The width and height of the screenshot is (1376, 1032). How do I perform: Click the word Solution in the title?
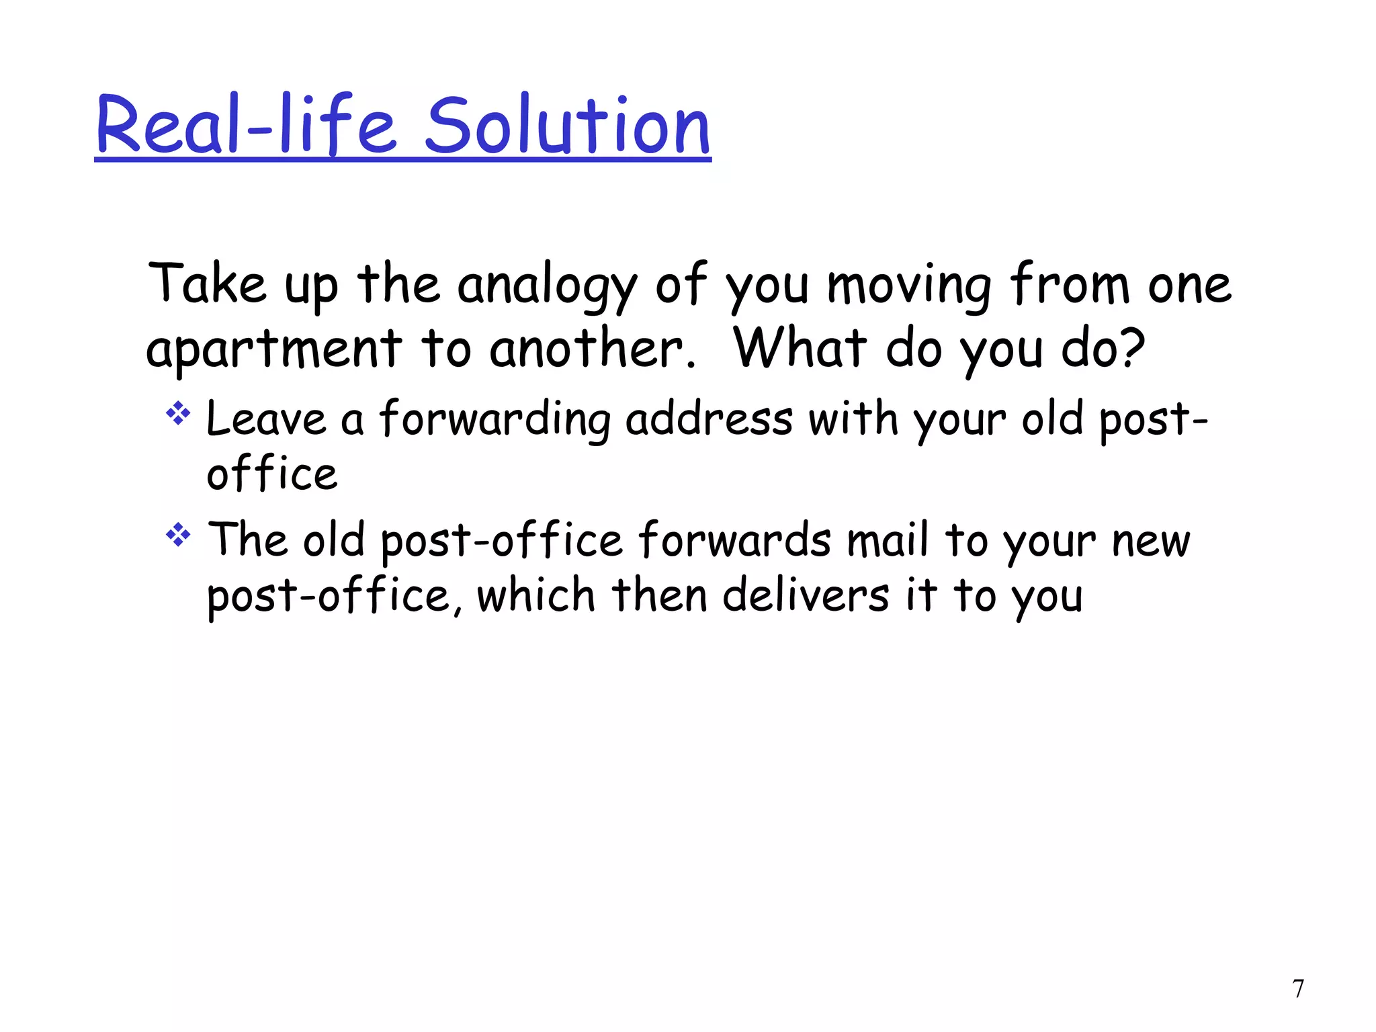pyautogui.click(x=568, y=126)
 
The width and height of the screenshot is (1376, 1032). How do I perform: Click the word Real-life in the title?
pyautogui.click(x=245, y=126)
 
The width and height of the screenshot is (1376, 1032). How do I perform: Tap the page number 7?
pyautogui.click(x=1298, y=989)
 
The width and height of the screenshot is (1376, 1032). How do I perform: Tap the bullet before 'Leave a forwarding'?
pyautogui.click(x=178, y=413)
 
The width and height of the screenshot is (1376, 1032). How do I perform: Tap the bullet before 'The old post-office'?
pyautogui.click(x=178, y=535)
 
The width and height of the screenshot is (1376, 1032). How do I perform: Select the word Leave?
pyautogui.click(x=266, y=419)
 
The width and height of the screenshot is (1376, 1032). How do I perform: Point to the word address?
pyautogui.click(x=709, y=419)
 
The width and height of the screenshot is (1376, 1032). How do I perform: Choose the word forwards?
pyautogui.click(x=734, y=540)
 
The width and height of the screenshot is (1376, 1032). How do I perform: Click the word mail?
pyautogui.click(x=888, y=540)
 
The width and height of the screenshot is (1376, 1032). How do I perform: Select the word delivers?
pyautogui.click(x=806, y=595)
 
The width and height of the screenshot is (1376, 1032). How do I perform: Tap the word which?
pyautogui.click(x=536, y=595)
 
